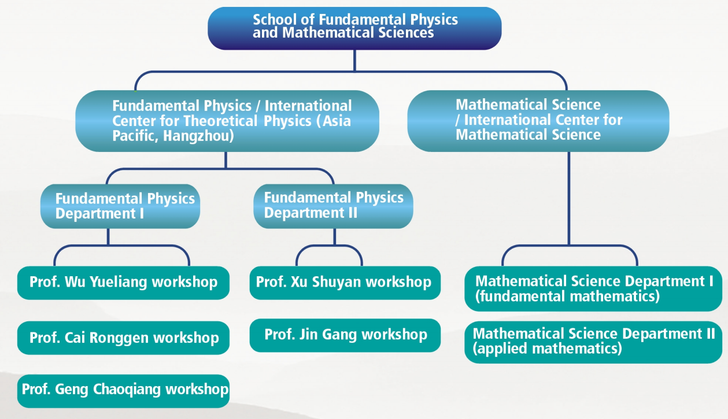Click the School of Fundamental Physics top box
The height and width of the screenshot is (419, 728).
[354, 28]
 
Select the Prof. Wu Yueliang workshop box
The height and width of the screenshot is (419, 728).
[123, 283]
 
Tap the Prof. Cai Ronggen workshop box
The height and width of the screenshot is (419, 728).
[123, 338]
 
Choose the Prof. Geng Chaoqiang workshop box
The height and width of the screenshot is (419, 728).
[123, 391]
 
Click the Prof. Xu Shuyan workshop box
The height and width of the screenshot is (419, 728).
[345, 283]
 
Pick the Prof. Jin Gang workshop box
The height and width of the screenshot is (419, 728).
[345, 335]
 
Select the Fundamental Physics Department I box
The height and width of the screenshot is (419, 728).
[120, 206]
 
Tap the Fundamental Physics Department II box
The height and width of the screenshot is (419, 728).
[333, 206]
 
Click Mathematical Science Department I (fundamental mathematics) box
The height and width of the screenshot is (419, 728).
[593, 289]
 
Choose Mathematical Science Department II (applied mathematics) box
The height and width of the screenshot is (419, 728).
[593, 342]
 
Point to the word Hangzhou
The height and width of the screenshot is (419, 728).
[198, 136]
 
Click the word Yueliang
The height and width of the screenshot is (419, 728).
[119, 282]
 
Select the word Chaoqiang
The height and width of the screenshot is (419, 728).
[127, 390]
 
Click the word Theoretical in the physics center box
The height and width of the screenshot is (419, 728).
[221, 121]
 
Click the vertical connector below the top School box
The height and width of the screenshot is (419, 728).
[354, 61]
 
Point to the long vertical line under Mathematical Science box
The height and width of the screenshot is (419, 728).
[569, 198]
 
